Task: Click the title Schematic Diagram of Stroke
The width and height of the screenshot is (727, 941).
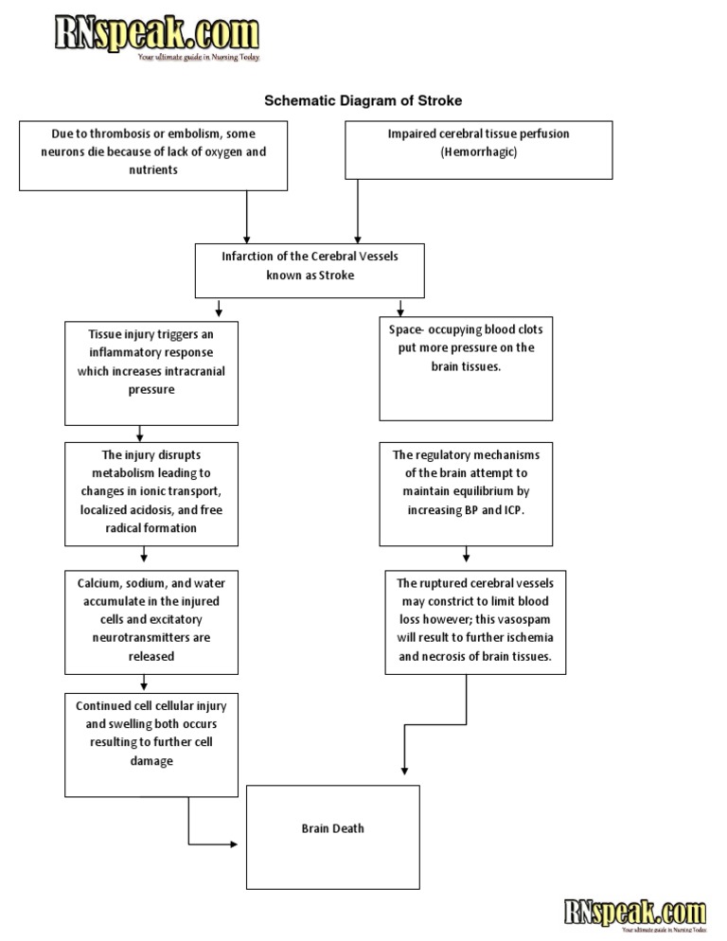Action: coord(363,100)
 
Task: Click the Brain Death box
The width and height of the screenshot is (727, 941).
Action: coord(332,837)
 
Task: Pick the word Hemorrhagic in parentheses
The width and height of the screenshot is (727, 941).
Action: coord(478,151)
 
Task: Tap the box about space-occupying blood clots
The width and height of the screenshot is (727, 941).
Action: coord(466,369)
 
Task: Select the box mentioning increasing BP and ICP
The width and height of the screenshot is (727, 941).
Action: coord(466,493)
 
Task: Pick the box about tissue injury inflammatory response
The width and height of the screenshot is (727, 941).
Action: coord(151,372)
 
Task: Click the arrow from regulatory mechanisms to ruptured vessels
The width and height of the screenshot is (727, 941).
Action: coord(466,557)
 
